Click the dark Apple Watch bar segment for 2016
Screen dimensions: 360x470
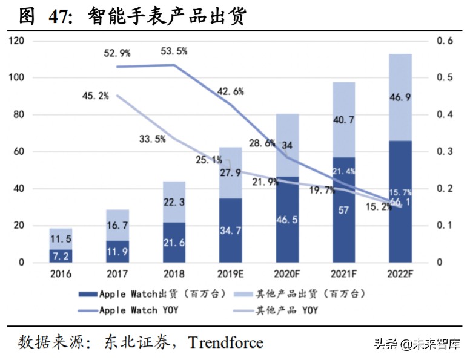(61, 256)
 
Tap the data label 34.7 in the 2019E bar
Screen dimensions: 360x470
(230, 232)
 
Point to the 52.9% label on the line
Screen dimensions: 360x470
(117, 53)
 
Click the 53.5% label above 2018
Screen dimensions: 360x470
(174, 51)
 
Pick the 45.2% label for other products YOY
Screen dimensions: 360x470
(95, 96)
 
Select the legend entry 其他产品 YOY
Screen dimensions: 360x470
(288, 310)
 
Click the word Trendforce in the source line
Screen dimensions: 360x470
(225, 343)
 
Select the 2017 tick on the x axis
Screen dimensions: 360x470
(117, 274)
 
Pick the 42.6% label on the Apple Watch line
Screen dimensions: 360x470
(231, 92)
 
